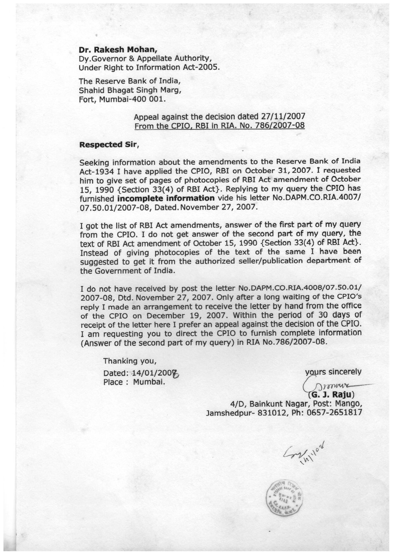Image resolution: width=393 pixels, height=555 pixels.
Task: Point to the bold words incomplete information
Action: click(166, 198)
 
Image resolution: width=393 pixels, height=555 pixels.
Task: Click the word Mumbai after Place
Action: click(149, 382)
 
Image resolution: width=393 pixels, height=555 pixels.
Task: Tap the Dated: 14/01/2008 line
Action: click(141, 373)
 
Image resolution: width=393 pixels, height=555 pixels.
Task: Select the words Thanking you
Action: click(130, 361)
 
